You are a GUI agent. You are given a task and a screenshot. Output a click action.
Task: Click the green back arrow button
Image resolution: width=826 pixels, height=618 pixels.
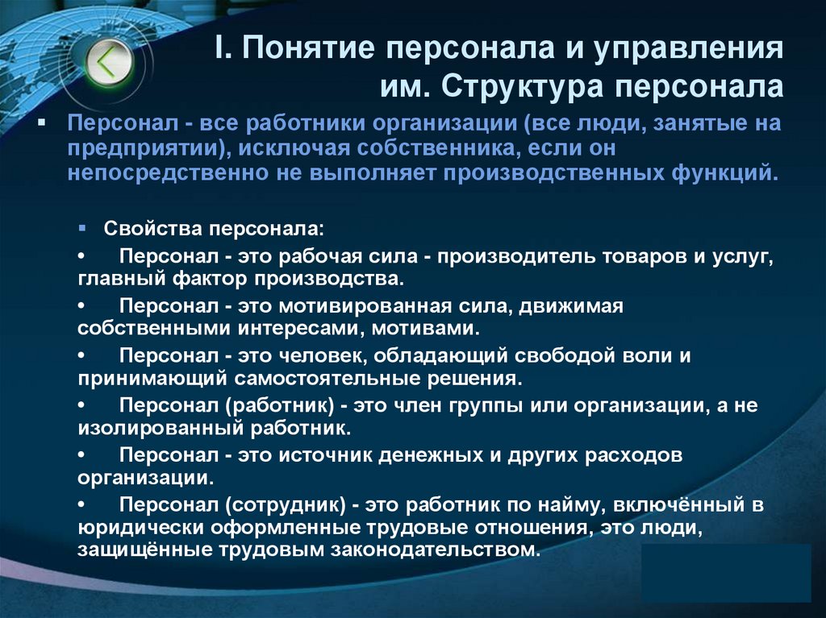[x=104, y=63]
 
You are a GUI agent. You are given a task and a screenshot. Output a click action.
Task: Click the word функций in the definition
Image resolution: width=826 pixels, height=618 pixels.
[x=730, y=172]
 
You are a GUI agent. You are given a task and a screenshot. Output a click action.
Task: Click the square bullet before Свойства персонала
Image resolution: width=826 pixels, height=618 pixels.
[x=84, y=228]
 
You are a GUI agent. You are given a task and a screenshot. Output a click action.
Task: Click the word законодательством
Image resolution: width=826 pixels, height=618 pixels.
[x=429, y=550]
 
